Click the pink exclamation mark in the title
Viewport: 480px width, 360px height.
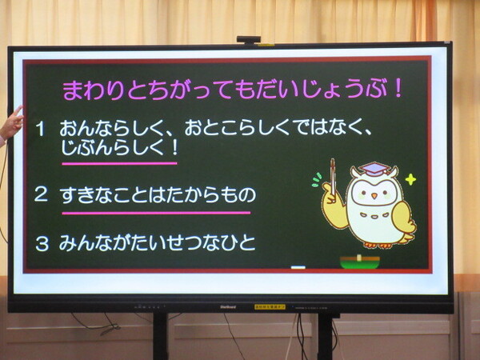[398, 89]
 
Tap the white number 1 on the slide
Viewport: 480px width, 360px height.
[41, 129]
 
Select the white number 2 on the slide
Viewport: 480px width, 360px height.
[41, 194]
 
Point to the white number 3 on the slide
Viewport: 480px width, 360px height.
[42, 244]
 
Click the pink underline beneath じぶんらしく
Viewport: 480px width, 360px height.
[119, 163]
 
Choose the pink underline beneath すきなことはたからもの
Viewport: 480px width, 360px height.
[156, 213]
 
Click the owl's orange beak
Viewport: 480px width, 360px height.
[374, 196]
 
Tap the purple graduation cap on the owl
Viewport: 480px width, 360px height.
[374, 169]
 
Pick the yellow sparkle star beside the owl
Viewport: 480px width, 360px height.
[410, 180]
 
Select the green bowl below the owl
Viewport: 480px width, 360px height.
[360, 262]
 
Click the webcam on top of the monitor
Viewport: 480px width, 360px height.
[249, 39]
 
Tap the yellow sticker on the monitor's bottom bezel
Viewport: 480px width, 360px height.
[270, 306]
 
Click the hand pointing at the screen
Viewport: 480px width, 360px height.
[11, 124]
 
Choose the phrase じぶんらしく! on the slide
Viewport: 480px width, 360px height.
[119, 148]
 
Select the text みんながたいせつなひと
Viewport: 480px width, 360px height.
[157, 242]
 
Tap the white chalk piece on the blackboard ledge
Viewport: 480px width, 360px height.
[298, 267]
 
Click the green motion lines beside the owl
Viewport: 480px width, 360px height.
[317, 180]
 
